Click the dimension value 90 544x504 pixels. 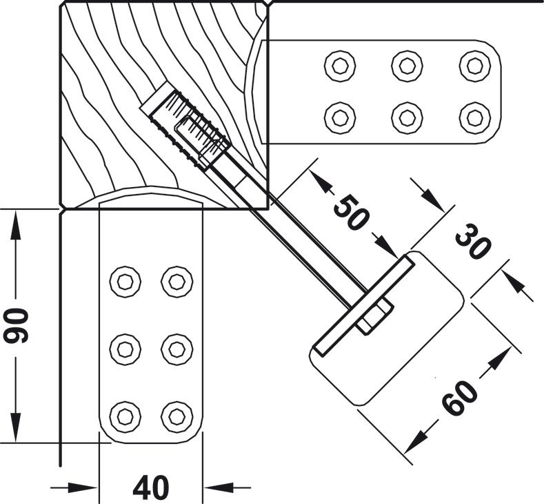15,326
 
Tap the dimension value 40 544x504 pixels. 151,487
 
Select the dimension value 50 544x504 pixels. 350,212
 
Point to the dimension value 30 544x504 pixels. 473,242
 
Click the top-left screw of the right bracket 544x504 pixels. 340,66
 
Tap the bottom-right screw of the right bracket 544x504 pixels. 474,118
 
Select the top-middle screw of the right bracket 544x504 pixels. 407,66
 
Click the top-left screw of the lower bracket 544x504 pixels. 125,282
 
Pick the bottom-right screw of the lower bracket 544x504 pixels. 177,418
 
